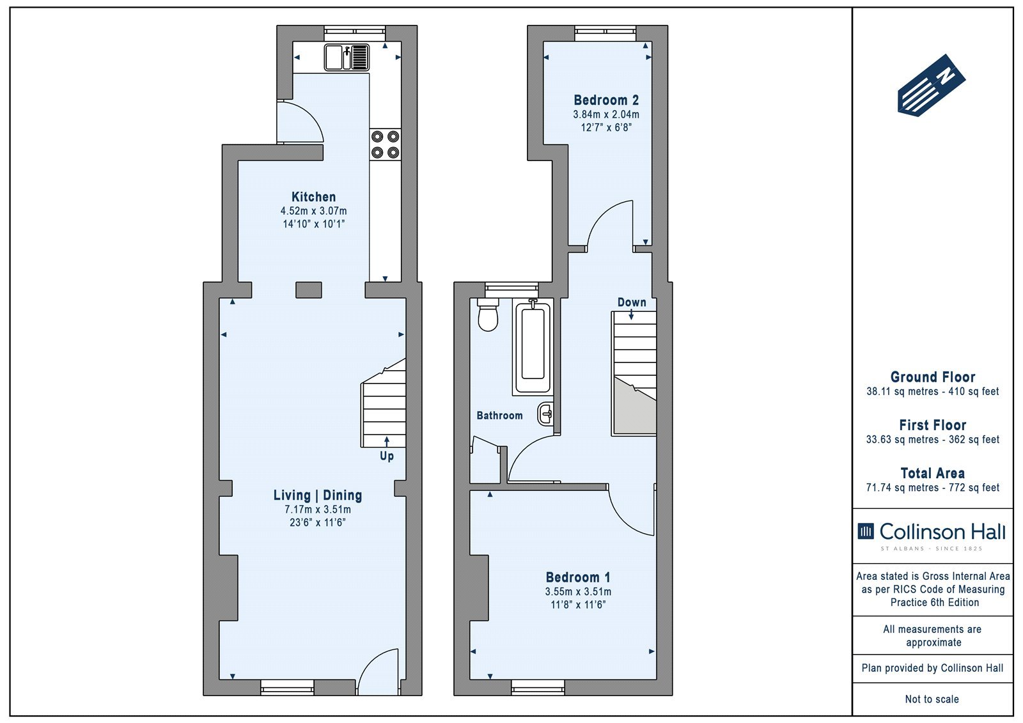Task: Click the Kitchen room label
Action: [x=313, y=197]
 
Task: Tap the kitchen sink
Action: [x=347, y=57]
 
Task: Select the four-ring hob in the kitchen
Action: [x=386, y=144]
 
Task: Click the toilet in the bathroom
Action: [x=488, y=315]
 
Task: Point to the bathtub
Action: [x=533, y=346]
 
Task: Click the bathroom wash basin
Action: [x=545, y=414]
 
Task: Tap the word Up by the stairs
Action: [x=387, y=456]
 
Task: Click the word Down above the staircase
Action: [x=632, y=302]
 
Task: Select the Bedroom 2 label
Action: [x=606, y=100]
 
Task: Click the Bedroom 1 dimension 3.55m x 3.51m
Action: [x=578, y=591]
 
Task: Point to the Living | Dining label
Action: [x=317, y=495]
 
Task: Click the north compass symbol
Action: [x=931, y=86]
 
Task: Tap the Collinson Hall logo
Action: [x=932, y=536]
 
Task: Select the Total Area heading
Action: [x=933, y=472]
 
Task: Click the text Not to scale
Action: [x=932, y=699]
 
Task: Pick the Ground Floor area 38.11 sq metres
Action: [x=902, y=391]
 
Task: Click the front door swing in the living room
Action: [x=379, y=671]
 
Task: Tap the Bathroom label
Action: [x=499, y=415]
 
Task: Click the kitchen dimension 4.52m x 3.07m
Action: [x=313, y=211]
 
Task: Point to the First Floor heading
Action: [x=933, y=424]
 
